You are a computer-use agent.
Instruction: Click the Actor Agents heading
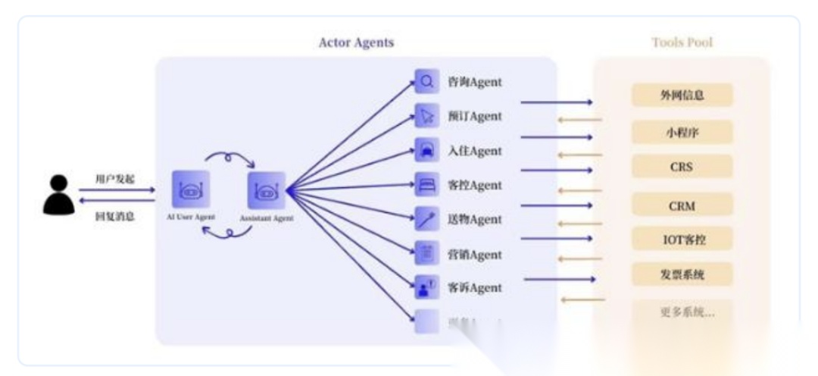coord(356,42)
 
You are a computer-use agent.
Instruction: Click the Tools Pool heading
coord(682,42)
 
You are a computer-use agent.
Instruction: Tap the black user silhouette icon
coord(58,194)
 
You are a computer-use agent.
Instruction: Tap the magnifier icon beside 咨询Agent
coord(426,81)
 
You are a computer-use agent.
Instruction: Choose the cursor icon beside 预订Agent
coord(426,116)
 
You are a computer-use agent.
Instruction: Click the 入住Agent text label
coord(474,151)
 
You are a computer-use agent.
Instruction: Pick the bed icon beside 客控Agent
coord(426,185)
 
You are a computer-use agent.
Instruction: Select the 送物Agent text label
coord(474,219)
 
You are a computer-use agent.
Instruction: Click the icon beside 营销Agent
coord(426,254)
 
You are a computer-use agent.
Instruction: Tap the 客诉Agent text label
coord(474,288)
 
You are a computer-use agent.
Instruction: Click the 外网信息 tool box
coord(682,95)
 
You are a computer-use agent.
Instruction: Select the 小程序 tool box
coord(682,131)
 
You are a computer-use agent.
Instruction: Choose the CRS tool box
coord(682,167)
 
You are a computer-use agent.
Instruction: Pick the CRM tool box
coord(682,205)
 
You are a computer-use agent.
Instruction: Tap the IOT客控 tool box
coord(682,239)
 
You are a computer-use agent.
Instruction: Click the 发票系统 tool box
coord(682,274)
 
